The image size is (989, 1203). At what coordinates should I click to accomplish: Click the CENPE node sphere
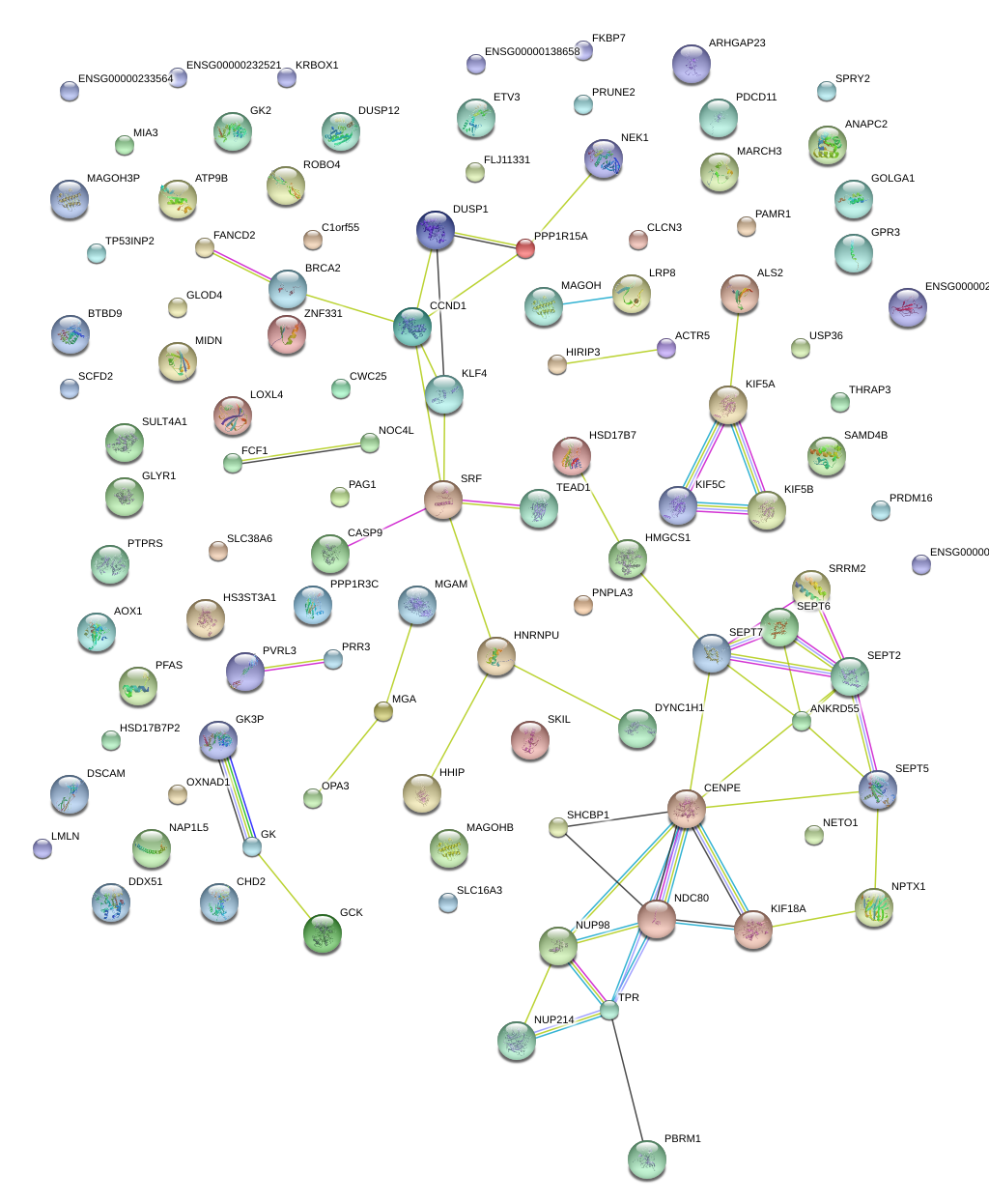click(x=687, y=809)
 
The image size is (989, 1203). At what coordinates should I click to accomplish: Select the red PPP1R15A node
click(x=524, y=248)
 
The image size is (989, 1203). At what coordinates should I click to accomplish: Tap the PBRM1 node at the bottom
click(x=646, y=1159)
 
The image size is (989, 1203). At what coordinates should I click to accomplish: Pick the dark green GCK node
click(x=322, y=933)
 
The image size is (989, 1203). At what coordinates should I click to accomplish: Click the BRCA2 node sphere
click(x=288, y=288)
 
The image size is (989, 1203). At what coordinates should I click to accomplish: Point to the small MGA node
click(x=383, y=712)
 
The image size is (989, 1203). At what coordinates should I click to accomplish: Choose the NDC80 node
click(x=657, y=919)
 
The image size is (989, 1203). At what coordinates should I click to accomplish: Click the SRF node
click(x=442, y=500)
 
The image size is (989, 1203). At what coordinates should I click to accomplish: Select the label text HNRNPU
click(x=536, y=636)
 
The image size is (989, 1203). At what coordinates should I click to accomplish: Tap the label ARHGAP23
click(x=737, y=43)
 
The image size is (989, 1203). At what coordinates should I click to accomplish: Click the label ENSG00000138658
click(x=532, y=52)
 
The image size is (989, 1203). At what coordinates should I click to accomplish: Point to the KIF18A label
click(x=788, y=909)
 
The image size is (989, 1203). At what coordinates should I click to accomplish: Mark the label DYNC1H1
click(x=679, y=708)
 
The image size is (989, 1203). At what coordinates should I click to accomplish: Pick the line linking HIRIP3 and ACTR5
click(x=611, y=357)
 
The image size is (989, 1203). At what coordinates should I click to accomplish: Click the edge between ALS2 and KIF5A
click(x=734, y=350)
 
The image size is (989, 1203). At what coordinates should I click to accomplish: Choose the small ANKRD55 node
click(x=802, y=720)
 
